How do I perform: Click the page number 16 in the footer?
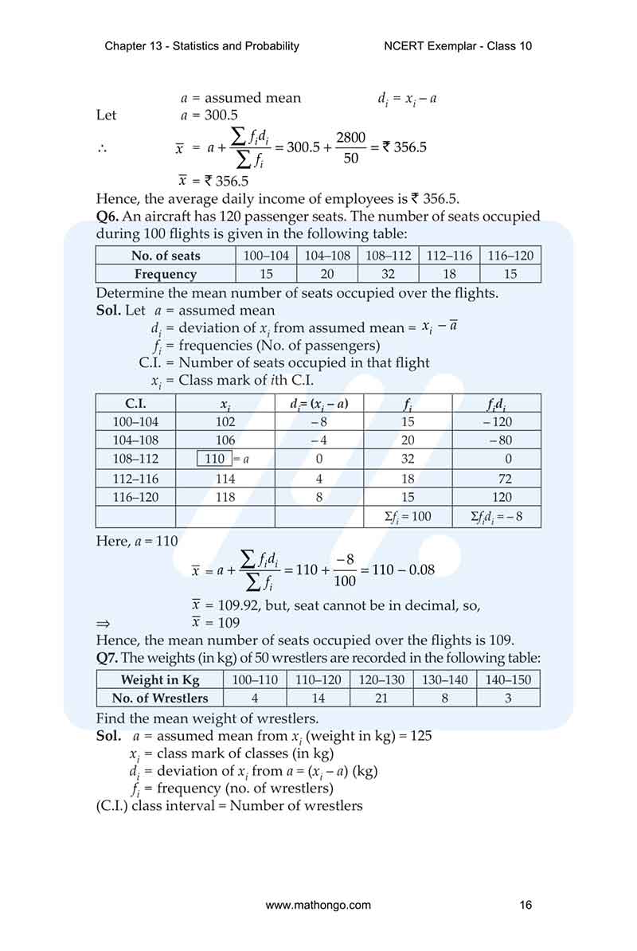pos(525,905)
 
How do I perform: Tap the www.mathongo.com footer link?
pos(318,905)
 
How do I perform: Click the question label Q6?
pos(107,217)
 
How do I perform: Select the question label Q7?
pos(107,657)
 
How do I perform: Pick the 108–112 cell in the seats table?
pos(387,256)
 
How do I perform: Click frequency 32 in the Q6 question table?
pos(387,274)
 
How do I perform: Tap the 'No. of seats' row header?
pos(166,256)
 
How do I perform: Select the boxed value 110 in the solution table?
pos(214,459)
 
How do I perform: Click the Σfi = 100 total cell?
pos(408,517)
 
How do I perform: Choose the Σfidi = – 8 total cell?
pos(497,517)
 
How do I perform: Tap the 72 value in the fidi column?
pos(503,479)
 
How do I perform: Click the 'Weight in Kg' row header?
pos(160,679)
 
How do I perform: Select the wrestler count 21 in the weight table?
pos(381,698)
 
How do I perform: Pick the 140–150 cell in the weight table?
pos(508,679)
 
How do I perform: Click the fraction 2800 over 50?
pos(350,148)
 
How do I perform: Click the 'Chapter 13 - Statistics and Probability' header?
pos(201,45)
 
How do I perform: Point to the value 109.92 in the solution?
pos(225,605)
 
